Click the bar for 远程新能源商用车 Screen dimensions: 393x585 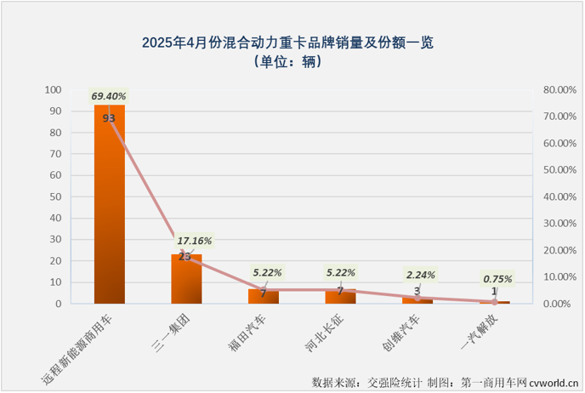pyautogui.click(x=109, y=204)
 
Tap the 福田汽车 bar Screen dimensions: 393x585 pyautogui.click(x=263, y=297)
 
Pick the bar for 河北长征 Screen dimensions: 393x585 pyautogui.click(x=340, y=297)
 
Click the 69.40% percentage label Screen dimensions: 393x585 pyautogui.click(x=109, y=97)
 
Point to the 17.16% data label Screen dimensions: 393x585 pyautogui.click(x=195, y=241)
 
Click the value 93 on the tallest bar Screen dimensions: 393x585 pyautogui.click(x=109, y=118)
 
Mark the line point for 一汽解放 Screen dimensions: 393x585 pyautogui.click(x=494, y=302)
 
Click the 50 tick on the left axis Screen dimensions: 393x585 pyautogui.click(x=55, y=196)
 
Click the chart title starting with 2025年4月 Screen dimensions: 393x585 pyautogui.click(x=292, y=42)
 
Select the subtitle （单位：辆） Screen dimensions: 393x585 pyautogui.click(x=292, y=62)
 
